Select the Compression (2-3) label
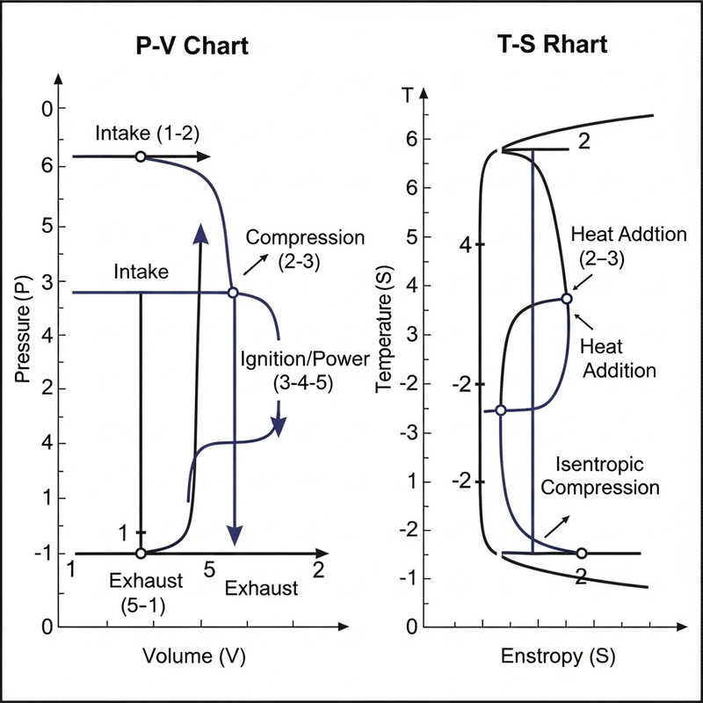pos(304,247)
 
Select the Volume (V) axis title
pos(192,656)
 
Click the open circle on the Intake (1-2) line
pos(140,156)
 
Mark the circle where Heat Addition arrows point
pos(567,299)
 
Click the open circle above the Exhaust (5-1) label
pos(140,554)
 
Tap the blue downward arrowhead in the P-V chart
pos(234,534)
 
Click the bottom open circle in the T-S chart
pos(581,554)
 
